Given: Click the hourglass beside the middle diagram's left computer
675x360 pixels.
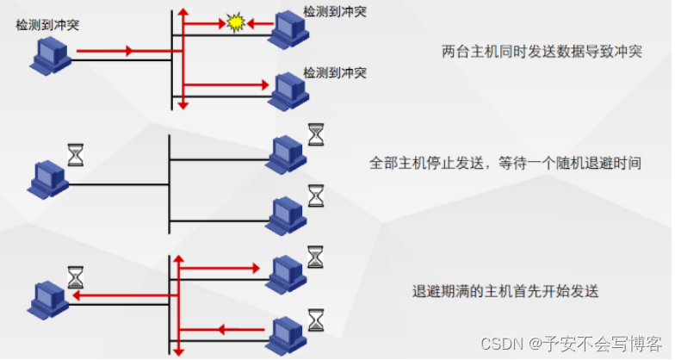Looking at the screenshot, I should coord(77,154).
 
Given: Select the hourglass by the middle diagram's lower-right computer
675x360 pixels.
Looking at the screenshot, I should coord(317,196).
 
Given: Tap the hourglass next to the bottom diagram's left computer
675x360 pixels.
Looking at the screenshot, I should coord(77,276).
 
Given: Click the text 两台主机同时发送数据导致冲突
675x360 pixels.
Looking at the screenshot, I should coord(542,52).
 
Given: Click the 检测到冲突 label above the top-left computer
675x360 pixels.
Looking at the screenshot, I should coord(46,25).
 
